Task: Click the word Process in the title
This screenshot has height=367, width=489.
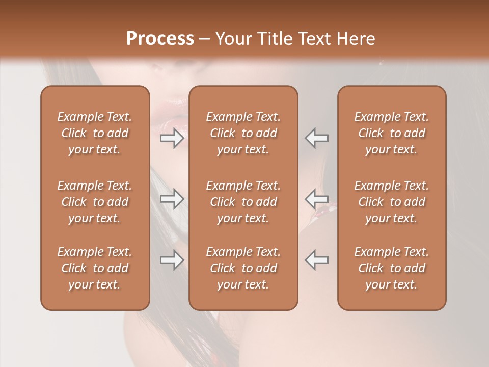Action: tap(160, 39)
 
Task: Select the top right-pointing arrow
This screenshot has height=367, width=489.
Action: tap(172, 138)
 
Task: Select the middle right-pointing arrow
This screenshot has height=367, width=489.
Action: tap(172, 199)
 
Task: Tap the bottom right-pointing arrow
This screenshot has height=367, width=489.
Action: tap(172, 260)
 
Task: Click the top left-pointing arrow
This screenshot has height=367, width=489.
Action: tap(317, 138)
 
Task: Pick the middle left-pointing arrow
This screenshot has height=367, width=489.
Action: tap(317, 199)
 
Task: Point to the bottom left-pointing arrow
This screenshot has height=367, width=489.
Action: tap(317, 260)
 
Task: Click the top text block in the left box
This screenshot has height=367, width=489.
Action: tap(95, 133)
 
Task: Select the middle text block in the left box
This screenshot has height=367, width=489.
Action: tap(95, 202)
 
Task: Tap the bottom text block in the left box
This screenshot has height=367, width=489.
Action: tap(95, 268)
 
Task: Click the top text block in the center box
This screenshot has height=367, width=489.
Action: tap(243, 133)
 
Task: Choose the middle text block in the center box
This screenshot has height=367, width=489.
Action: tap(243, 202)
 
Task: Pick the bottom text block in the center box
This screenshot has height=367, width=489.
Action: tap(243, 268)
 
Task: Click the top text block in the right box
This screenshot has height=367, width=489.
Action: tap(392, 133)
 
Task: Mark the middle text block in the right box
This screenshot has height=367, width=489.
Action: tap(392, 202)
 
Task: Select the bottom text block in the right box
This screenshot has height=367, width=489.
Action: tap(392, 268)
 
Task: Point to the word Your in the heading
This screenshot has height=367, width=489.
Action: tap(232, 39)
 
